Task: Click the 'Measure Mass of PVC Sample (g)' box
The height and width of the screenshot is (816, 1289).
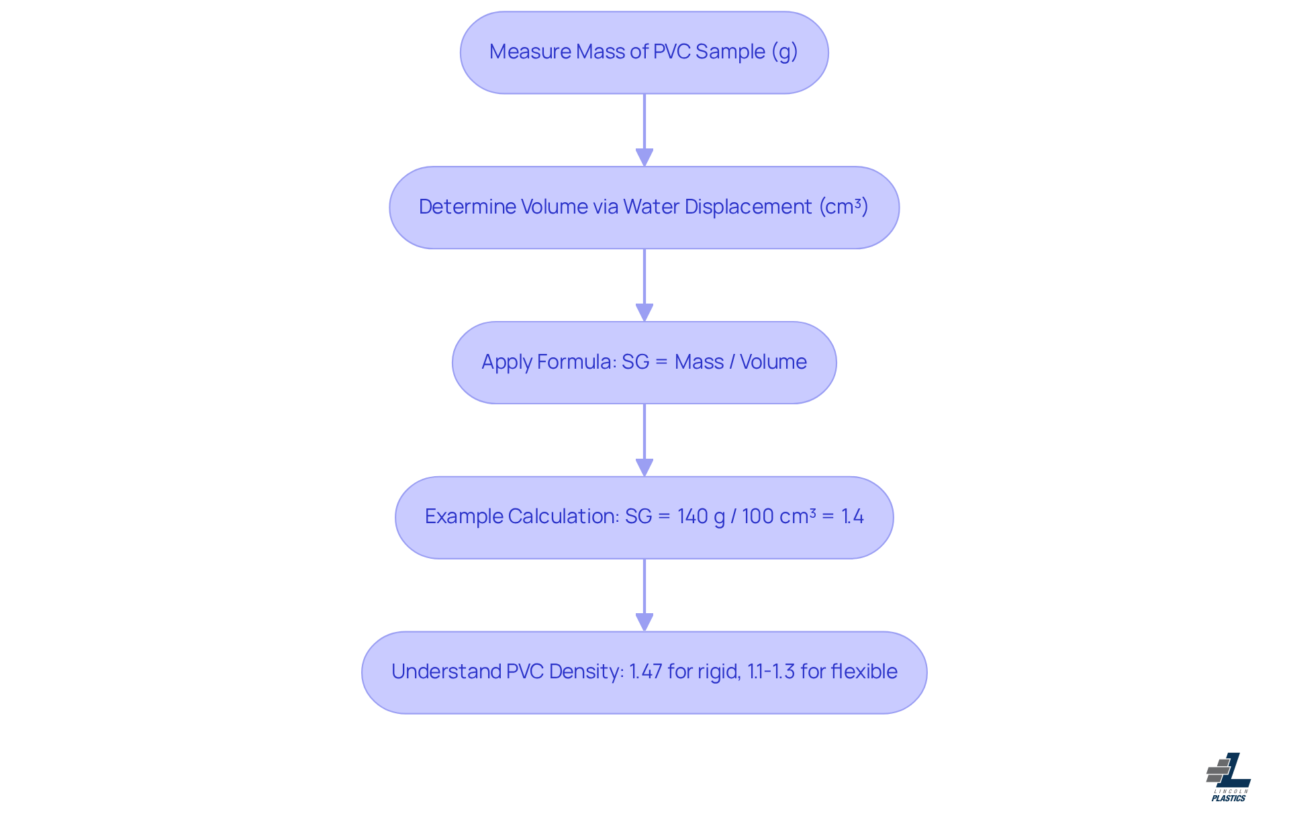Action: pyautogui.click(x=644, y=52)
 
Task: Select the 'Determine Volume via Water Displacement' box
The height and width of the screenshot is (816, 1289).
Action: pyautogui.click(x=644, y=208)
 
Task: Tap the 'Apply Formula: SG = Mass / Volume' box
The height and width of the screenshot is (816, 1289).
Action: pyautogui.click(x=644, y=363)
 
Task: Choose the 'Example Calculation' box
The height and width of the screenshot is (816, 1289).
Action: pyautogui.click(x=644, y=518)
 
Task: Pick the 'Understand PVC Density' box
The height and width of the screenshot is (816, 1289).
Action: pyautogui.click(x=644, y=672)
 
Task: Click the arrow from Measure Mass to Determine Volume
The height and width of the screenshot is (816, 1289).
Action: pyautogui.click(x=644, y=130)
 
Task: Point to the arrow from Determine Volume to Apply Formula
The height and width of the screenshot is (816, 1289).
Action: pyautogui.click(x=644, y=285)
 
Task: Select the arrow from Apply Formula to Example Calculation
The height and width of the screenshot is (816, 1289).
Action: pyautogui.click(x=644, y=440)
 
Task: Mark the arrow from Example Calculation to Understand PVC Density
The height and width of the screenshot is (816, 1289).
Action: pyautogui.click(x=644, y=595)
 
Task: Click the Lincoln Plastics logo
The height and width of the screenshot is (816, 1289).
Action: pyautogui.click(x=1229, y=777)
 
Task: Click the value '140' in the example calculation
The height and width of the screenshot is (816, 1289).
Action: pyautogui.click(x=692, y=516)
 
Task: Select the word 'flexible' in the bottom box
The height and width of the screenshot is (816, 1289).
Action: pyautogui.click(x=864, y=672)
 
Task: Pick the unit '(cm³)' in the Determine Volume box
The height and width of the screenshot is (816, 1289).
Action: pyautogui.click(x=844, y=207)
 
